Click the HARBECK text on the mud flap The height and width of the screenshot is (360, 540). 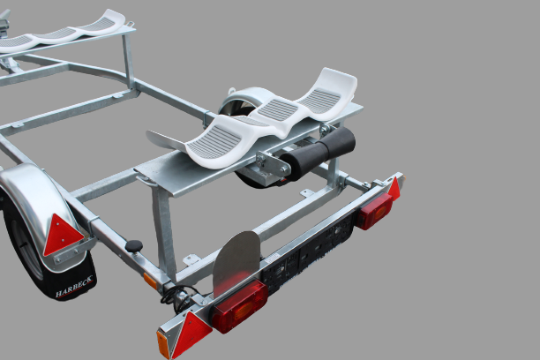74,287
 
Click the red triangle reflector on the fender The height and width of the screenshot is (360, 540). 63,234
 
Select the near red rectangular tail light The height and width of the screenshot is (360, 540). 239,306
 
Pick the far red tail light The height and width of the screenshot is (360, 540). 374,211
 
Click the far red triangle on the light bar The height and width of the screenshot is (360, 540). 394,189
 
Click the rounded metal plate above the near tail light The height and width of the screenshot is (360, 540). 236,261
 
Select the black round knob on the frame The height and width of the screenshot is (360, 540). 133,246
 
